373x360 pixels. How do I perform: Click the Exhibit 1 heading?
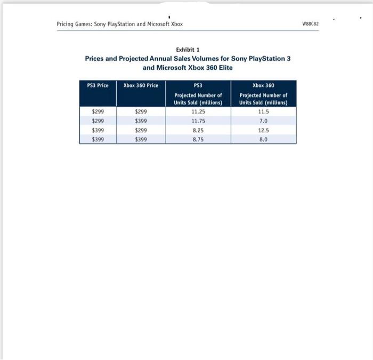pos(188,50)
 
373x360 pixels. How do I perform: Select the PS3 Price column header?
pos(98,85)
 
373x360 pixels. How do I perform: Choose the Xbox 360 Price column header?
pos(141,85)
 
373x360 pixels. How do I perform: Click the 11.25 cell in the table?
pos(198,112)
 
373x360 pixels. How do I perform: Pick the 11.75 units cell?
pos(198,121)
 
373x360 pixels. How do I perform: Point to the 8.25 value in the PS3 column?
pos(198,130)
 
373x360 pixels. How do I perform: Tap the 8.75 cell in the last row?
pos(198,139)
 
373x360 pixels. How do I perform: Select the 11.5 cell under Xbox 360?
pos(263,112)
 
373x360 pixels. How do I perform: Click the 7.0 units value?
pos(263,121)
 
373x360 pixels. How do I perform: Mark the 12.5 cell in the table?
pos(263,130)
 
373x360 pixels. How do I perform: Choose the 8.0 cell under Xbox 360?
pos(263,139)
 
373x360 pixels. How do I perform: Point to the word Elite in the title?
pos(224,68)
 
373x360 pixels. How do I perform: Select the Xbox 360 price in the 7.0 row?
pos(141,121)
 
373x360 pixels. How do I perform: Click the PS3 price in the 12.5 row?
pos(98,130)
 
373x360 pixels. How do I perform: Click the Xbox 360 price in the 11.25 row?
pos(141,112)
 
